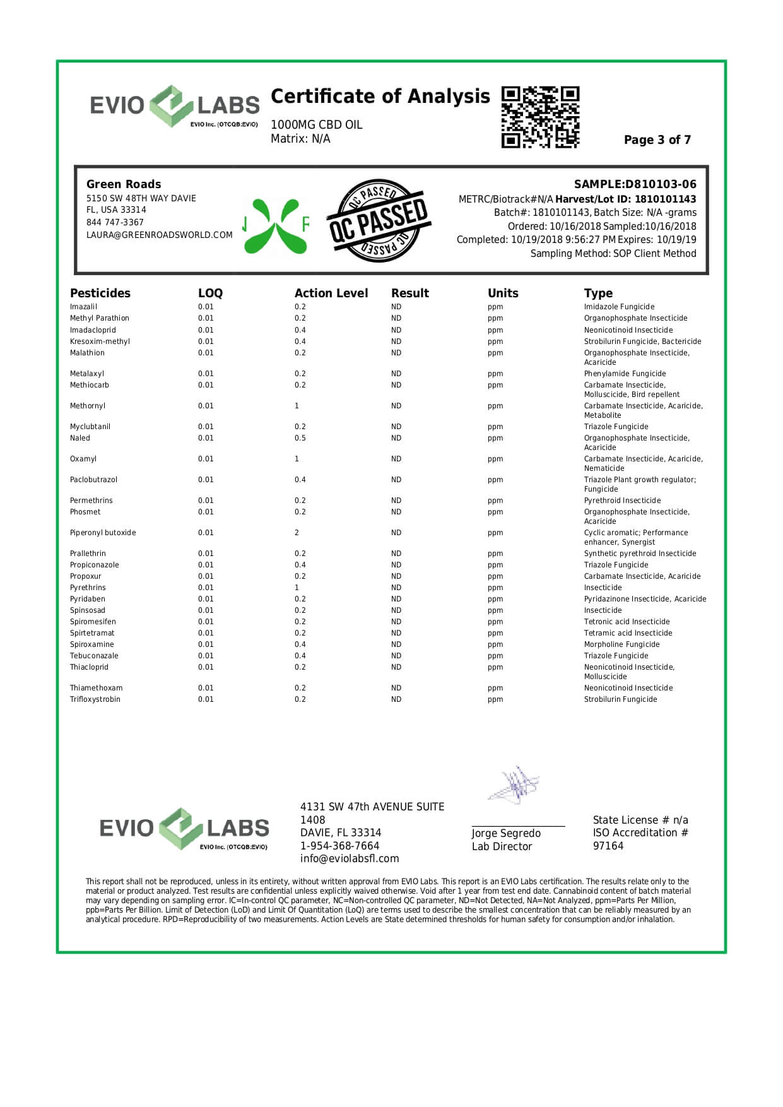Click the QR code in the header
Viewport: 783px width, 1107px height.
click(540, 117)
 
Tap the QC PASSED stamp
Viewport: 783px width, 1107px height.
click(378, 221)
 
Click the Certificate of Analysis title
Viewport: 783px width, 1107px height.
click(380, 97)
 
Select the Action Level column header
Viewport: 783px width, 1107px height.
click(331, 293)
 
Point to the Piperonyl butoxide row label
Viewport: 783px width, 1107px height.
click(103, 533)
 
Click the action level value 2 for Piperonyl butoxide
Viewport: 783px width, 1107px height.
click(297, 533)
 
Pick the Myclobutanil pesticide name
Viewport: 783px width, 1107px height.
click(90, 427)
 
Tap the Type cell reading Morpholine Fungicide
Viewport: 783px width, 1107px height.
click(621, 644)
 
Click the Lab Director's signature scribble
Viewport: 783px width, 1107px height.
click(515, 785)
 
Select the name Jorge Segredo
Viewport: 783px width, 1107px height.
click(506, 833)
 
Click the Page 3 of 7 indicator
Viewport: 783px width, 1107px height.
click(657, 140)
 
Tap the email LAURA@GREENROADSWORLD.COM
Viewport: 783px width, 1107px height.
click(159, 235)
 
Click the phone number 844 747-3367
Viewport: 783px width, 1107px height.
click(115, 222)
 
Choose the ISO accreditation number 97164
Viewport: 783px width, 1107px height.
click(608, 846)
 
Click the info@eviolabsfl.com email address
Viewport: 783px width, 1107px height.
click(350, 858)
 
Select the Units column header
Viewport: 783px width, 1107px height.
click(503, 293)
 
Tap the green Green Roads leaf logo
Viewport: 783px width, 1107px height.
click(276, 225)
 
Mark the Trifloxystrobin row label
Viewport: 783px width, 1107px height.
click(95, 699)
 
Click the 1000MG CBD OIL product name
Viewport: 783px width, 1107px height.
click(316, 125)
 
